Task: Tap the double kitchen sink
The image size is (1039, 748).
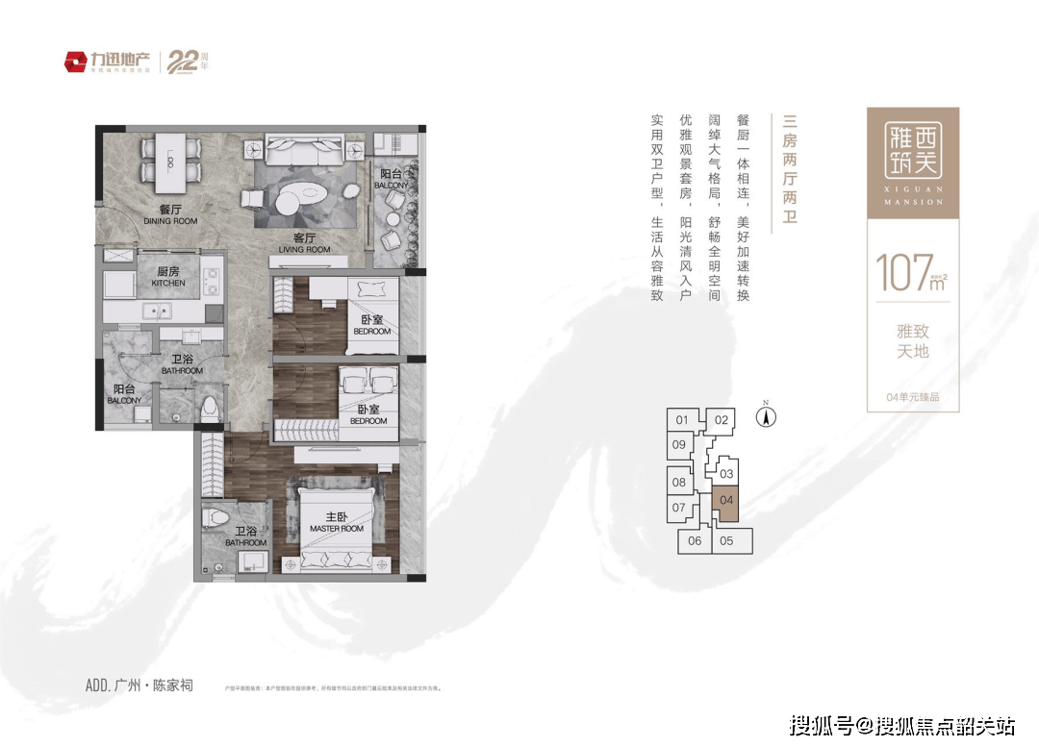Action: (157, 311)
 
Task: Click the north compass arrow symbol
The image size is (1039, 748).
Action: (767, 416)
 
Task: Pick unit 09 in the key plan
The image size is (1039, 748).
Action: (679, 444)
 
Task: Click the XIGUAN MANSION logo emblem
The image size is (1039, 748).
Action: (913, 153)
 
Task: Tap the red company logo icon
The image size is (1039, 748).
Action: (75, 62)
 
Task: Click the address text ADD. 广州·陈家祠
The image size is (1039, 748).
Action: (139, 685)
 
